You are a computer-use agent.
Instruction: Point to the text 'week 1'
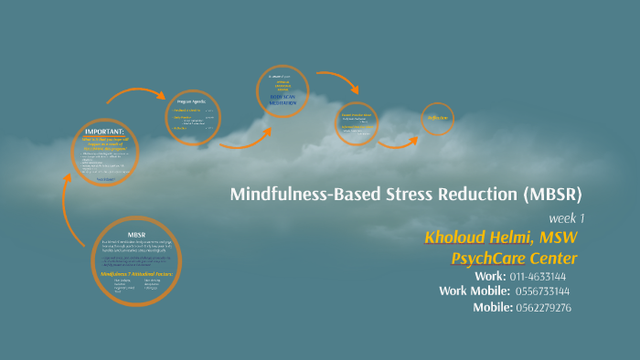click(x=567, y=218)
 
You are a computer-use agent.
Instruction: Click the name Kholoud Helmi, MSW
click(x=501, y=238)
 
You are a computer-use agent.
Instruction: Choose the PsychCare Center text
click(x=514, y=258)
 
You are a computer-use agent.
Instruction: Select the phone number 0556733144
click(x=543, y=291)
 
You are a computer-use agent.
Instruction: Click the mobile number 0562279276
click(x=545, y=307)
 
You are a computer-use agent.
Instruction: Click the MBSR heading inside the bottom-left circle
click(x=136, y=234)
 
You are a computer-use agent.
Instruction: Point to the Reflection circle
click(x=438, y=118)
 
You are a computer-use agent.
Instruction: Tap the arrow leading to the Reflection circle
click(x=398, y=142)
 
